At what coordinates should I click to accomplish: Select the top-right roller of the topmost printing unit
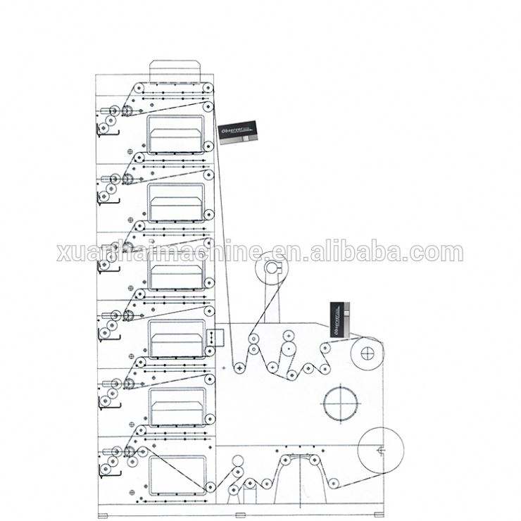point(208,88)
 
